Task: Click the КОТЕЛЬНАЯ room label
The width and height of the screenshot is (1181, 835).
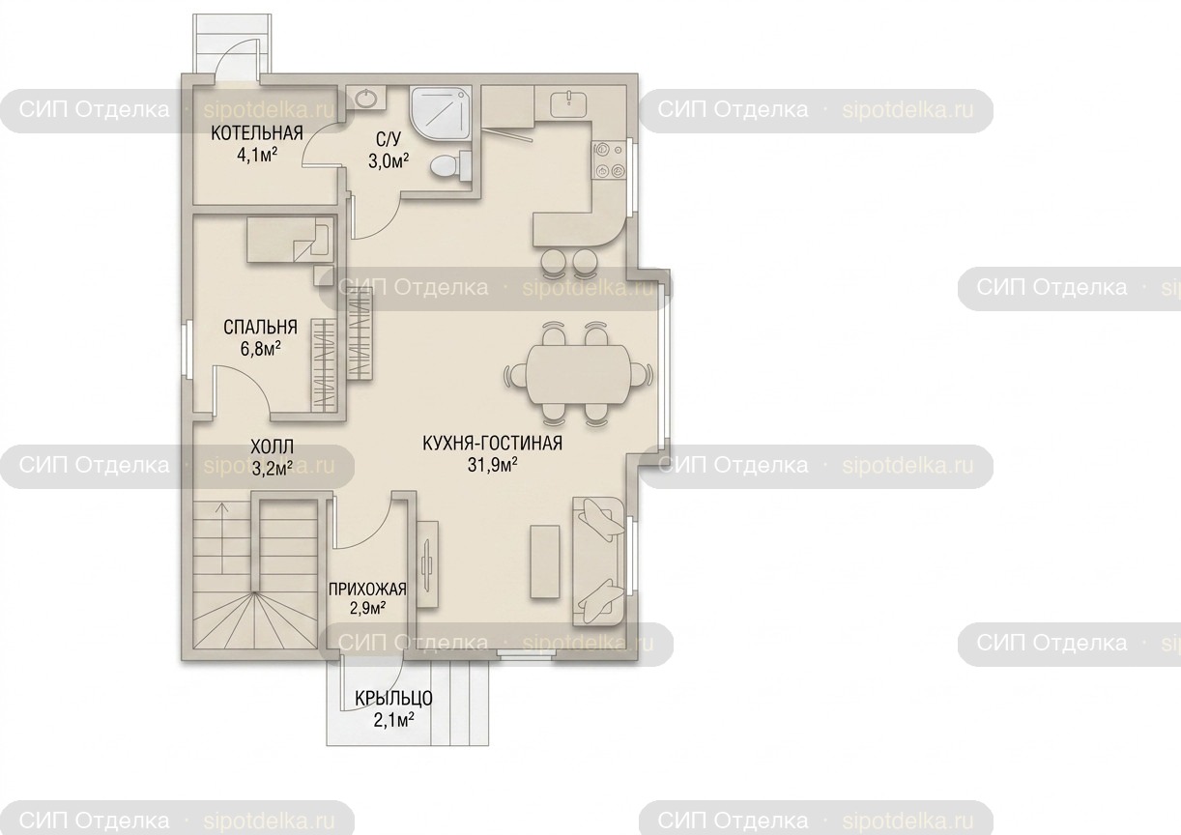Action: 257,133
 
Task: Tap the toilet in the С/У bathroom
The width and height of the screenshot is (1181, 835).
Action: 450,163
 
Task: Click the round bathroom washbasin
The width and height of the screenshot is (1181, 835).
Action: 365,98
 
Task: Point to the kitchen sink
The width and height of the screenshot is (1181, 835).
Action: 569,103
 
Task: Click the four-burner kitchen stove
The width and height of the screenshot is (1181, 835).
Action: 610,159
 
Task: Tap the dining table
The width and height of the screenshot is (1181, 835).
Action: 579,375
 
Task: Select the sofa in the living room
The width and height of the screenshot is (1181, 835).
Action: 598,561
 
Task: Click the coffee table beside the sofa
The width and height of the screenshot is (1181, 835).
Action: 545,561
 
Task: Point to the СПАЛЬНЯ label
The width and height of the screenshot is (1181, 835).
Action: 260,327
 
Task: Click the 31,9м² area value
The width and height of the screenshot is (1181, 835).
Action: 492,465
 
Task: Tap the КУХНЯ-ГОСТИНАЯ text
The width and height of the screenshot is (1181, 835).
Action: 493,443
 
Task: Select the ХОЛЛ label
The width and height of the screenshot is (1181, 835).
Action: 272,447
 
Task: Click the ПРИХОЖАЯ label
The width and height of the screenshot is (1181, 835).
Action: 367,589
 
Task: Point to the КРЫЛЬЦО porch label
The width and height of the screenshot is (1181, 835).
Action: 394,698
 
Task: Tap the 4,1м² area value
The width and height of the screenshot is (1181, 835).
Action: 257,156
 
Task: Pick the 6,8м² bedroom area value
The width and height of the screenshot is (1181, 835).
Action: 260,349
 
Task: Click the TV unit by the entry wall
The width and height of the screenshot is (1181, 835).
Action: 427,564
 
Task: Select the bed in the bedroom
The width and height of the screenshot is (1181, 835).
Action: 291,240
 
